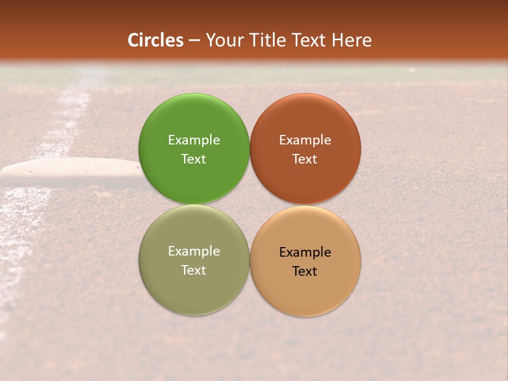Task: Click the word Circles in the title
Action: point(156,40)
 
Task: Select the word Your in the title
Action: point(222,40)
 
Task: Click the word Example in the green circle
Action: point(194,140)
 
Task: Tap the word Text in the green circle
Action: point(194,159)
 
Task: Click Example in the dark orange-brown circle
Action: point(305,140)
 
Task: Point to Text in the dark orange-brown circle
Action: point(305,159)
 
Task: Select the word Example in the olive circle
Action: point(194,251)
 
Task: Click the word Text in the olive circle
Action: point(194,270)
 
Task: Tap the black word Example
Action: point(305,252)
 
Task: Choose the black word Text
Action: point(305,271)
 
